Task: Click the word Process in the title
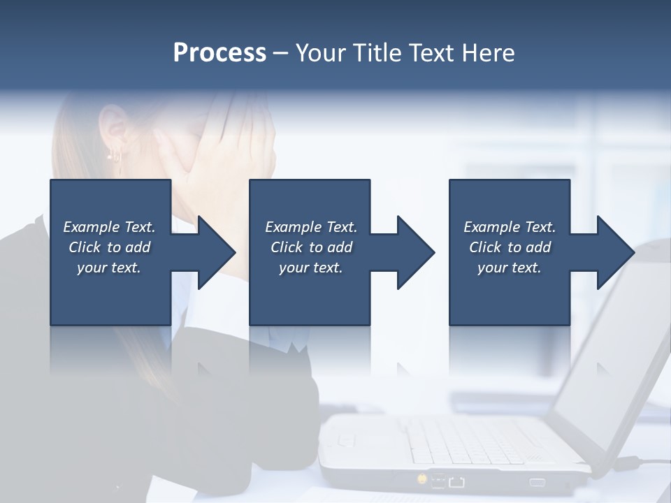[x=219, y=53]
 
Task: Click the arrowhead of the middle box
[x=414, y=252]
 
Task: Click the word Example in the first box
[x=92, y=227]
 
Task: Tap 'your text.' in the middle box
[x=310, y=268]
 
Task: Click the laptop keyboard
[x=475, y=440]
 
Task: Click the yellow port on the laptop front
[x=422, y=479]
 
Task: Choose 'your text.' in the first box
[x=108, y=268]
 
